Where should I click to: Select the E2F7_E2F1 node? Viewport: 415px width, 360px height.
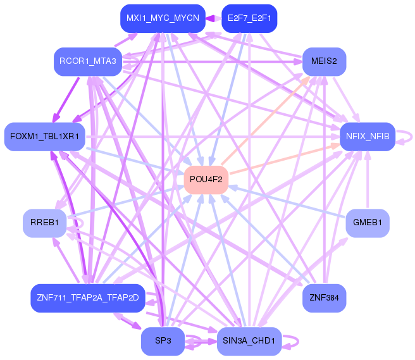pyautogui.click(x=249, y=18)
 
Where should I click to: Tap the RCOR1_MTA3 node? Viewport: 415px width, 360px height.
pyautogui.click(x=87, y=61)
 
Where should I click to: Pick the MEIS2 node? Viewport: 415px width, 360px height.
pyautogui.click(x=324, y=61)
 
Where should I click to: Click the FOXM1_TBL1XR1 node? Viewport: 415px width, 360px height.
pyautogui.click(x=44, y=137)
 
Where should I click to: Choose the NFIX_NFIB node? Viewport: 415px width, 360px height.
pyautogui.click(x=367, y=137)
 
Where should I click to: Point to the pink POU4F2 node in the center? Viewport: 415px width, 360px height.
pyautogui.click(x=206, y=180)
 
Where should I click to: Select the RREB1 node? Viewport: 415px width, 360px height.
pyautogui.click(x=44, y=223)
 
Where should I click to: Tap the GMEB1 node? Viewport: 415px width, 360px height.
pyautogui.click(x=367, y=223)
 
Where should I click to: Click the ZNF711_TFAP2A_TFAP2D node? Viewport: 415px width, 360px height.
pyautogui.click(x=88, y=298)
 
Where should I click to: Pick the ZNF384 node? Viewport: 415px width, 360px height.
pyautogui.click(x=324, y=298)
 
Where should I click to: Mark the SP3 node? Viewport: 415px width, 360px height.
pyautogui.click(x=163, y=342)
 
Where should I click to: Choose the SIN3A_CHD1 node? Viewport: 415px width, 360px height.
pyautogui.click(x=249, y=342)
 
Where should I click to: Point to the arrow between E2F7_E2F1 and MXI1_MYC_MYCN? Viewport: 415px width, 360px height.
pyautogui.click(x=212, y=18)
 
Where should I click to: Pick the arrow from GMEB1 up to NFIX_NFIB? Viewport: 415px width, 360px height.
pyautogui.click(x=367, y=183)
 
